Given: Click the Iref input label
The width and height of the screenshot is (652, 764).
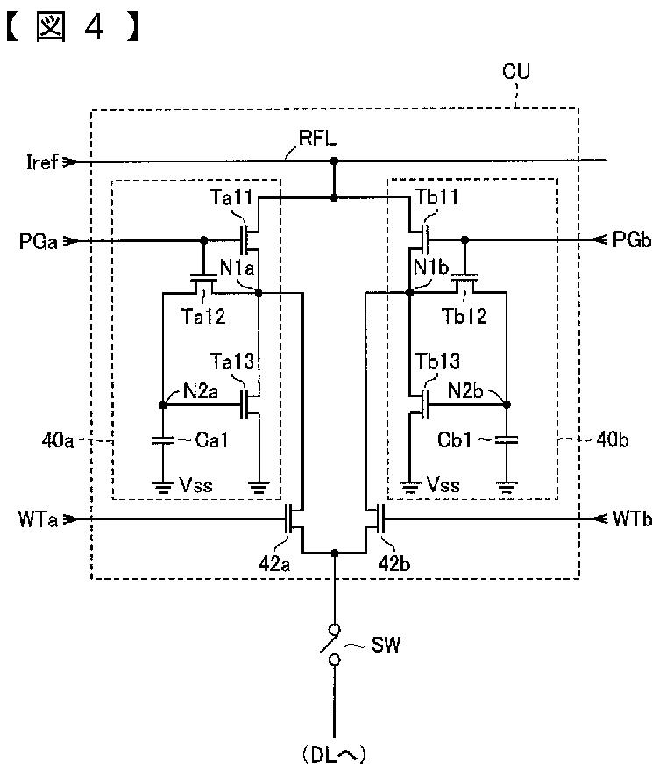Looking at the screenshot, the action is [x=42, y=161].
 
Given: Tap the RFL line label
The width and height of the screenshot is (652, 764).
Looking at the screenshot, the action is [x=317, y=138].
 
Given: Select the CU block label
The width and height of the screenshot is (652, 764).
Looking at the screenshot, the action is [x=516, y=71].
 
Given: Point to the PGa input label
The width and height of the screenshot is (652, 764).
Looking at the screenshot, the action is [x=39, y=241].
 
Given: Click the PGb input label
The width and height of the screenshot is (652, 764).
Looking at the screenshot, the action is [x=632, y=239].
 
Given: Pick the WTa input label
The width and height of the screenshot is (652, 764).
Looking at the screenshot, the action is [x=38, y=519].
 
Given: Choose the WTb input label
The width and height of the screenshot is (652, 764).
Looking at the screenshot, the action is [x=632, y=519].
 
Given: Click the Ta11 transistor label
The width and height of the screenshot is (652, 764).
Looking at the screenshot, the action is [x=231, y=197].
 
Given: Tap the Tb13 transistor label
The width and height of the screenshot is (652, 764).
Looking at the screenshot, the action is [x=437, y=361].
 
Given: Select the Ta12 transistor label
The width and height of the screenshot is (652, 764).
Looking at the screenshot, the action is [x=203, y=317].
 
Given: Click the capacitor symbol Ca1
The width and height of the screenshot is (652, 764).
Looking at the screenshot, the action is [x=163, y=440].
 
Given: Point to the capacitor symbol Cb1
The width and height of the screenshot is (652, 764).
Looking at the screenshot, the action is [x=507, y=440].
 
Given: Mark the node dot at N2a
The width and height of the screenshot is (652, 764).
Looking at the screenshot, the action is [x=163, y=405].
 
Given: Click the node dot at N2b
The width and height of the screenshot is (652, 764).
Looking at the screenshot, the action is [x=507, y=404].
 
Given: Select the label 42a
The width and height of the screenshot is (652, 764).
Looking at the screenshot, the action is [x=274, y=564].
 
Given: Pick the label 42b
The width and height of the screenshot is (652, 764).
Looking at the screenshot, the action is [x=394, y=564].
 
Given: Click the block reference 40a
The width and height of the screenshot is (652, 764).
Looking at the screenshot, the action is [x=58, y=440].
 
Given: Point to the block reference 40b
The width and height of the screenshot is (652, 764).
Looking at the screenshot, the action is [x=612, y=440].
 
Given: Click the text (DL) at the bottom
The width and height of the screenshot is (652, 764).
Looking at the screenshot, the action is [x=334, y=754].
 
